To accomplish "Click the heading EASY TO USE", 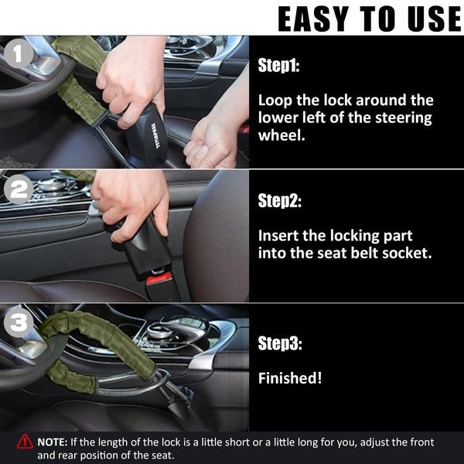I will point(369,19).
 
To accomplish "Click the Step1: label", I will point(278,67).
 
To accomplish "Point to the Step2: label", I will point(279,202).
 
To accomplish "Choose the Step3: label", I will point(279,343).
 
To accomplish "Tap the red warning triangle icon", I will point(25,442).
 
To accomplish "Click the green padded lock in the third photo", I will point(85,344).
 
